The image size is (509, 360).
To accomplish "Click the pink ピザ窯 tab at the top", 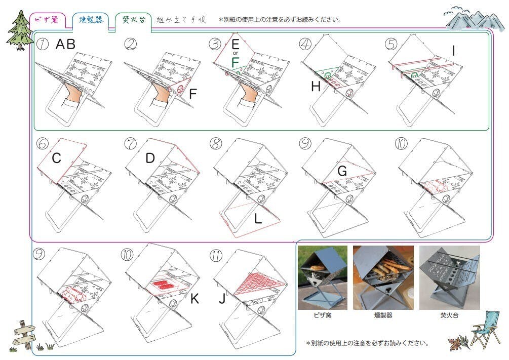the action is (48, 20).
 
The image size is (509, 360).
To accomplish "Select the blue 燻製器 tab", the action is (91, 20).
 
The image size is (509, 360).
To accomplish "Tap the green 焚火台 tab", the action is (133, 20).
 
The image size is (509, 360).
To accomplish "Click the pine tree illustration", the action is (19, 30).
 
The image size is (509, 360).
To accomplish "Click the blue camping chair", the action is (486, 331).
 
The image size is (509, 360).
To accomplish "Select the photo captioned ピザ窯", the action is (322, 277).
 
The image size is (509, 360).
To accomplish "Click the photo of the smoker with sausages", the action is (383, 277).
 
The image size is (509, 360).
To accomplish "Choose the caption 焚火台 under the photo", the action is (449, 315).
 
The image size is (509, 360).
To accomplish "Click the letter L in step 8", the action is (258, 219).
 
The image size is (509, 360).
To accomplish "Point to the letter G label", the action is (342, 171).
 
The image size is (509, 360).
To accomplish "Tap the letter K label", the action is (194, 299).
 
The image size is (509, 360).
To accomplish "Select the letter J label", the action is (222, 299).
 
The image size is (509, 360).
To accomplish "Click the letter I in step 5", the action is (453, 51).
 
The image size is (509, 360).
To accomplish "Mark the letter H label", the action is (316, 87).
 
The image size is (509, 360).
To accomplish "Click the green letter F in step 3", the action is (235, 62).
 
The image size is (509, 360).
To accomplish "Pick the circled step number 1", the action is (43, 44).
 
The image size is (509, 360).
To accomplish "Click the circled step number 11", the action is (216, 256).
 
